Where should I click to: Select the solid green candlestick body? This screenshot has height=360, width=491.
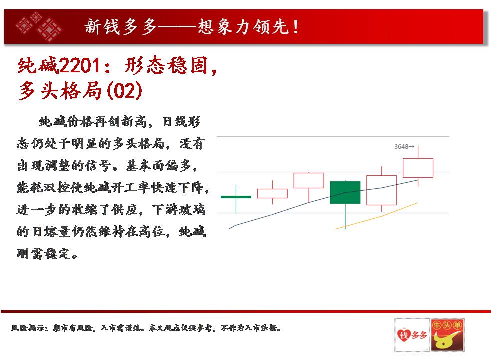[345, 192]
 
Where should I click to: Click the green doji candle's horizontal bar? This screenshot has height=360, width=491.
[236, 197]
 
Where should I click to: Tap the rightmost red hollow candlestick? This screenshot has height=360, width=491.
[418, 168]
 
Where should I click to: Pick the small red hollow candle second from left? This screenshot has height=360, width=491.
[272, 193]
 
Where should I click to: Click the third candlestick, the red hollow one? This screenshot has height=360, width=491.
[309, 180]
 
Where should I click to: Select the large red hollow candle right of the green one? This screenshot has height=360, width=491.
[381, 190]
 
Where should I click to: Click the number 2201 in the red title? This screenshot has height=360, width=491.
[79, 65]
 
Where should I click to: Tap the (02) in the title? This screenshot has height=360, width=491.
[124, 91]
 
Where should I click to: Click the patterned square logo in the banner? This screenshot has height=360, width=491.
[39, 26]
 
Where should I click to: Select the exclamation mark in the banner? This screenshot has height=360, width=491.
[296, 27]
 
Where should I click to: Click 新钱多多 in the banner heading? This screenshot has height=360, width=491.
[121, 26]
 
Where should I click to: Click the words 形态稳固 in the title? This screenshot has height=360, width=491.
[166, 65]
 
